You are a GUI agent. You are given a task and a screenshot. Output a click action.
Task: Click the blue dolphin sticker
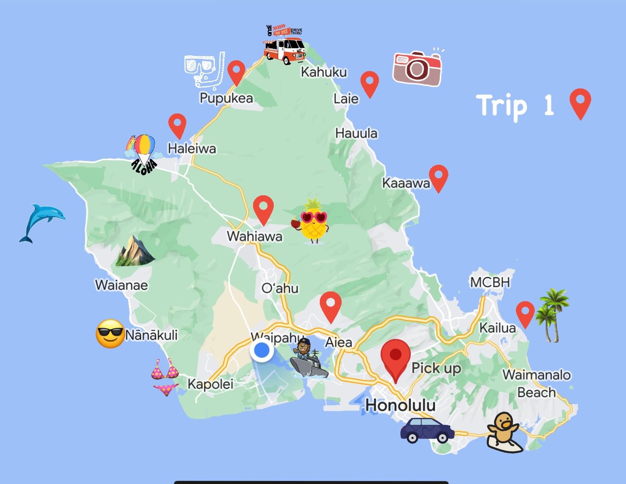click(42, 222)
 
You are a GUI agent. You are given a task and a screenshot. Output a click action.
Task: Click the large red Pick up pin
click(395, 358)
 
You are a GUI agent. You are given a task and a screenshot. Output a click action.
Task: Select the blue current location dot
click(262, 350)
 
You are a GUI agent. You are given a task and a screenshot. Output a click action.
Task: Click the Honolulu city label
click(400, 405)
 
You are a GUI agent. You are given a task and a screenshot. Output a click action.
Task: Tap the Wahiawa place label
click(255, 236)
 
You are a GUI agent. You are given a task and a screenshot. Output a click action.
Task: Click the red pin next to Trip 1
click(580, 103)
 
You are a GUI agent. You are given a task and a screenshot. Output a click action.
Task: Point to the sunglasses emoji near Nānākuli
click(110, 334)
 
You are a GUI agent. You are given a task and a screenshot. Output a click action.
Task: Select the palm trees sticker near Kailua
click(551, 315)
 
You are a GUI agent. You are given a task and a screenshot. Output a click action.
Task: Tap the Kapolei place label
click(210, 384)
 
